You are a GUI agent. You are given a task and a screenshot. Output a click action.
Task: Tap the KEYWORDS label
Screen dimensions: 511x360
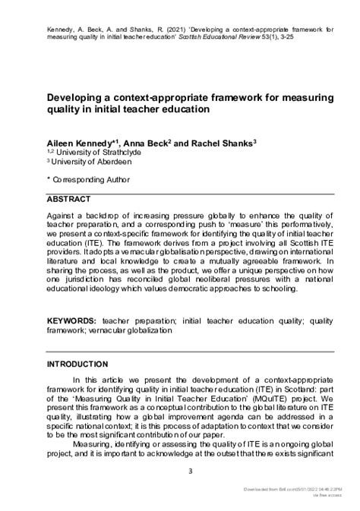tap(76, 321)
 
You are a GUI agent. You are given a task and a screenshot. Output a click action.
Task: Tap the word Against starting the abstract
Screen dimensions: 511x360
tap(63, 216)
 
